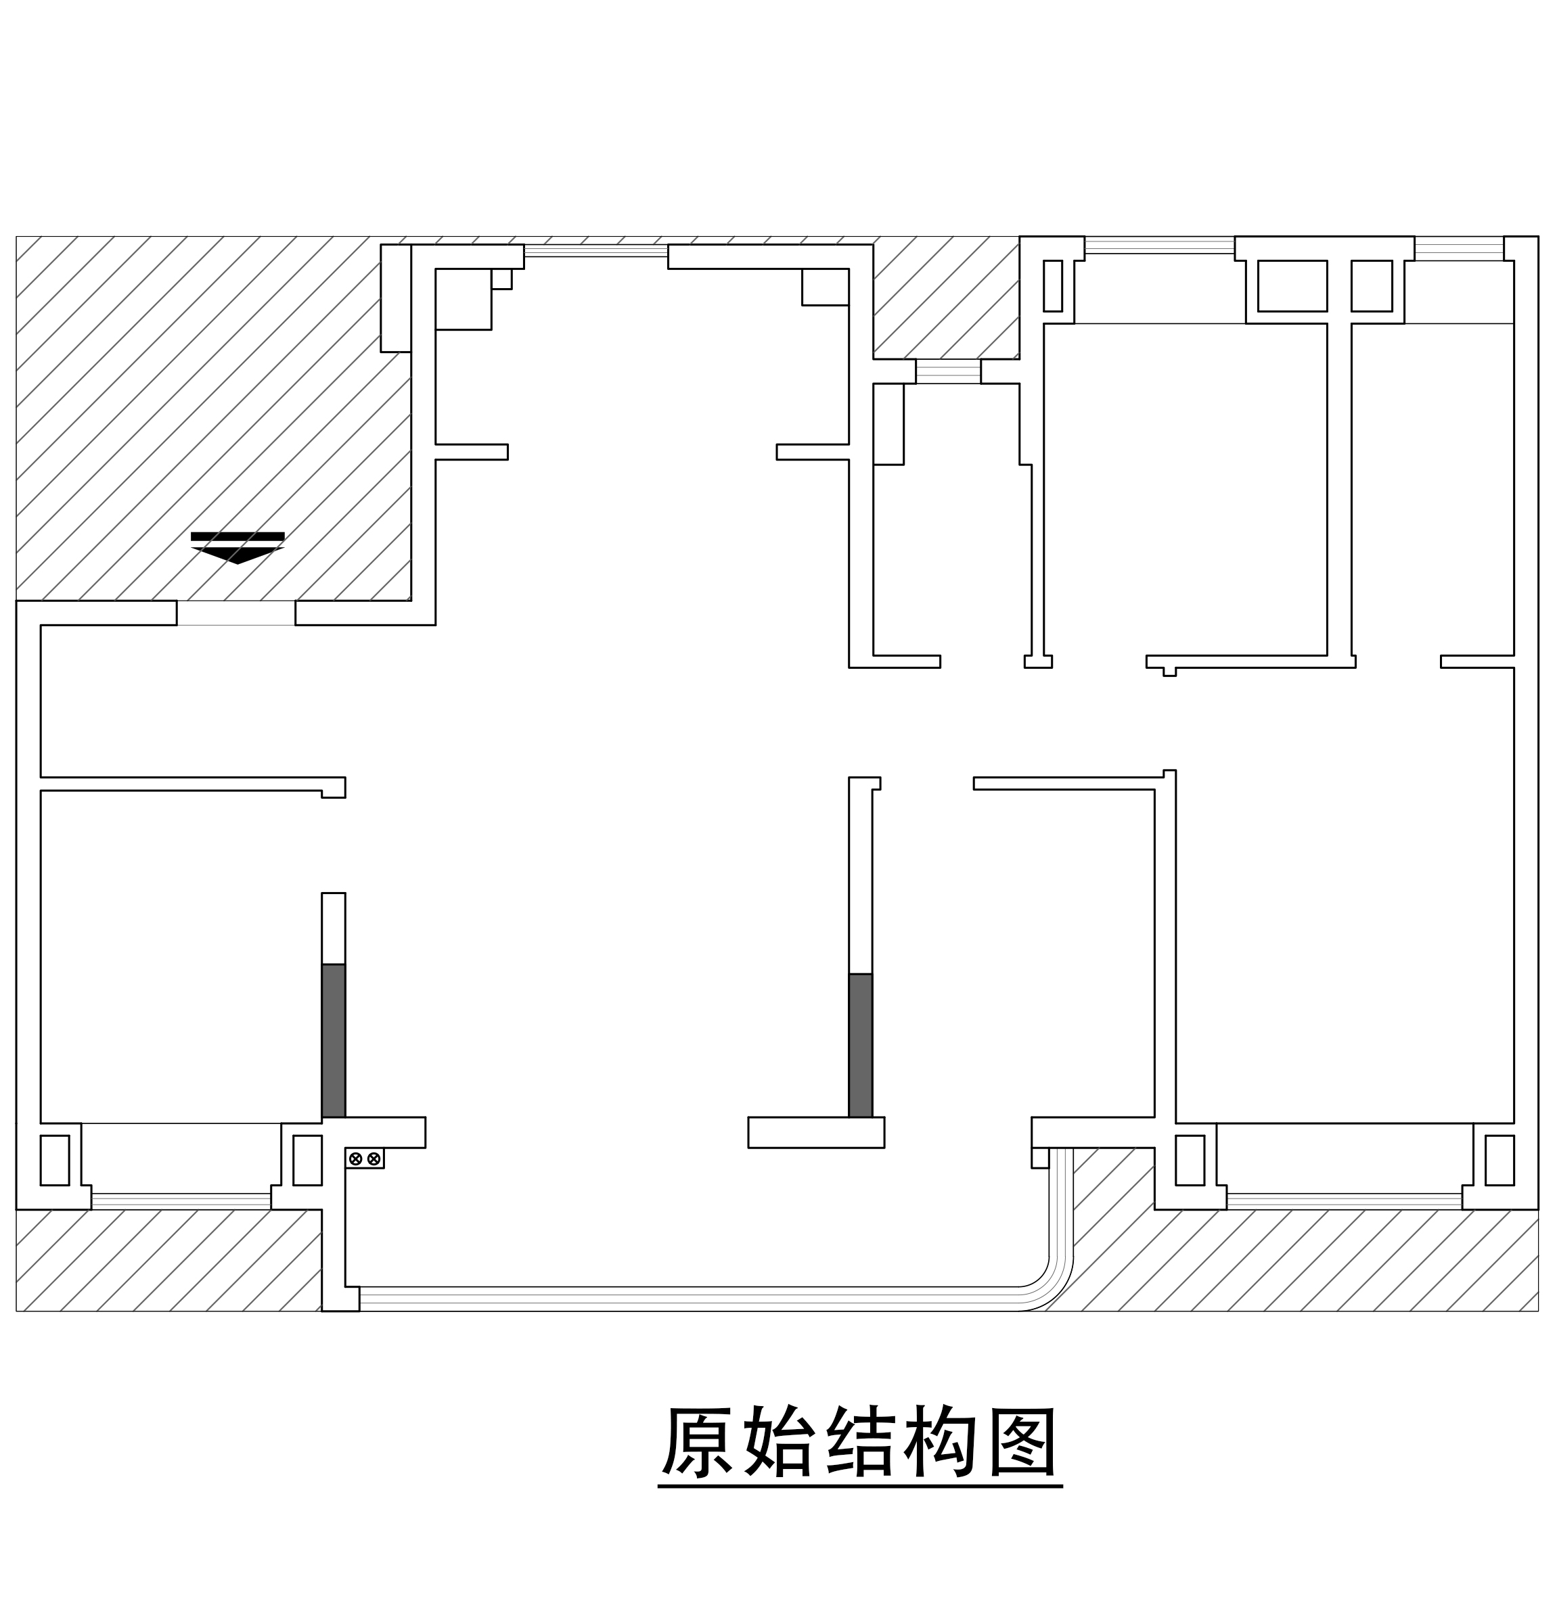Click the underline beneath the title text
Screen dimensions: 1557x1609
pyautogui.click(x=860, y=1486)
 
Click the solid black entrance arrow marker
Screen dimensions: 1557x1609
pyautogui.click(x=238, y=548)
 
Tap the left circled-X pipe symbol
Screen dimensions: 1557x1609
pyautogui.click(x=355, y=1159)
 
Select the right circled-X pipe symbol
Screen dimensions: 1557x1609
pyautogui.click(x=374, y=1159)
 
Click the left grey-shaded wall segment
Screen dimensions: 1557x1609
pyautogui.click(x=334, y=1040)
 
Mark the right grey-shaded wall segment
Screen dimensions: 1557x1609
pyautogui.click(x=861, y=1045)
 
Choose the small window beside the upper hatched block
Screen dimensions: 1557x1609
pyautogui.click(x=949, y=371)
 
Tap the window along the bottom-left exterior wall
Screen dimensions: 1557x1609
pyautogui.click(x=181, y=1200)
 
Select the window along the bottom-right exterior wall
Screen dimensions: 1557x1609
pyautogui.click(x=1345, y=1200)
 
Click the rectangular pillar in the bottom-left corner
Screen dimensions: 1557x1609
pyautogui.click(x=55, y=1160)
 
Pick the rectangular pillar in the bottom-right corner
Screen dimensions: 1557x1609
pyautogui.click(x=1499, y=1160)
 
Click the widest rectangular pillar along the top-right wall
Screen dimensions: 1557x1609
pyautogui.click(x=1292, y=285)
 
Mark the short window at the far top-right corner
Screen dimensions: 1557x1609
pyautogui.click(x=1460, y=249)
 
